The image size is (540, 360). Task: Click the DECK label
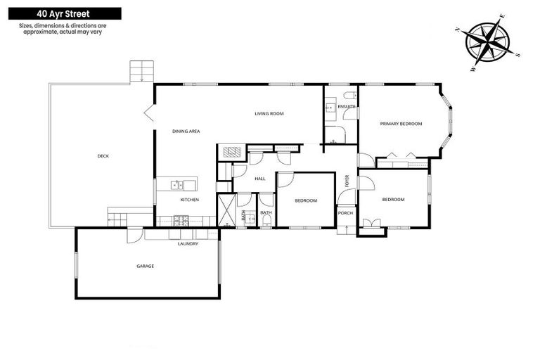click(x=103, y=156)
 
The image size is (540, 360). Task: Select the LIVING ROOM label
click(x=269, y=113)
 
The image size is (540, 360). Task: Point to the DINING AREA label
click(x=186, y=131)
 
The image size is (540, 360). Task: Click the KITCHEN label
click(x=190, y=200)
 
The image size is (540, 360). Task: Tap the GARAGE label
click(x=145, y=266)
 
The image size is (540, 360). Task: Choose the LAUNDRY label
click(x=188, y=244)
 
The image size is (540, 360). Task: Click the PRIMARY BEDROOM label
click(x=401, y=124)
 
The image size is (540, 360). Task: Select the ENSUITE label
click(x=347, y=106)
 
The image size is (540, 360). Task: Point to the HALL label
click(x=259, y=179)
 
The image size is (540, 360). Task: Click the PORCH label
click(x=345, y=212)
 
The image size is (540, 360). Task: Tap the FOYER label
click(x=347, y=181)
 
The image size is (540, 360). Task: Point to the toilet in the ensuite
click(x=349, y=95)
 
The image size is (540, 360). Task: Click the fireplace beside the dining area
click(x=231, y=153)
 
